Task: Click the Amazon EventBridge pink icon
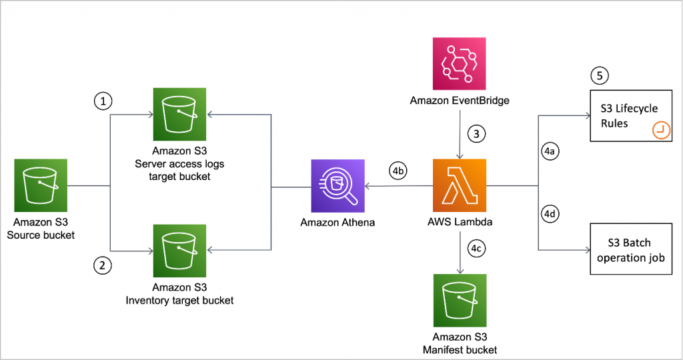click(x=460, y=65)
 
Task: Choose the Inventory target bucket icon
click(x=179, y=251)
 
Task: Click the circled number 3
click(x=476, y=133)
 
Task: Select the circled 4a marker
click(x=551, y=152)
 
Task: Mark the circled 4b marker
click(x=399, y=170)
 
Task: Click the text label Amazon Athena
click(x=337, y=222)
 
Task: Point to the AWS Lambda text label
click(x=460, y=222)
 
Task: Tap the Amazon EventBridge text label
click(x=460, y=101)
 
